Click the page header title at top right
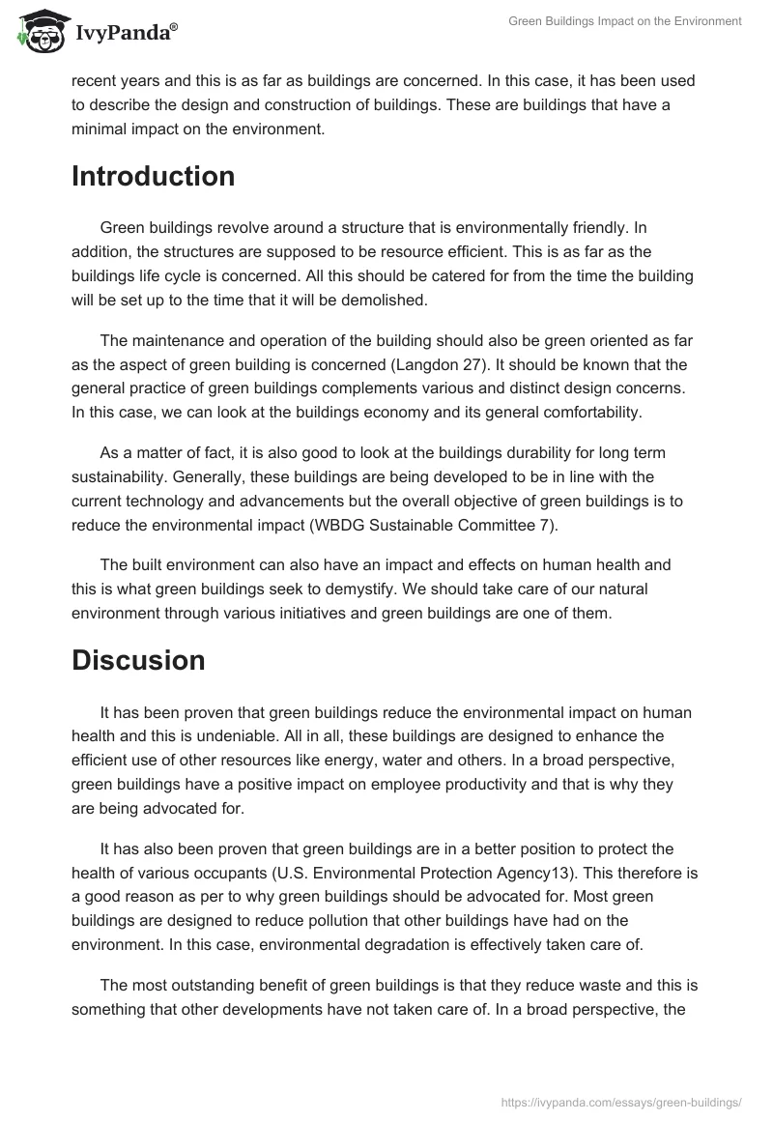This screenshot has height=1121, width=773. pyautogui.click(x=625, y=21)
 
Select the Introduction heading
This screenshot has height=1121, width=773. pyautogui.click(x=154, y=177)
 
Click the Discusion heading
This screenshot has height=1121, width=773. pyautogui.click(x=138, y=660)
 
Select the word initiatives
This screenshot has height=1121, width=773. pyautogui.click(x=342, y=613)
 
